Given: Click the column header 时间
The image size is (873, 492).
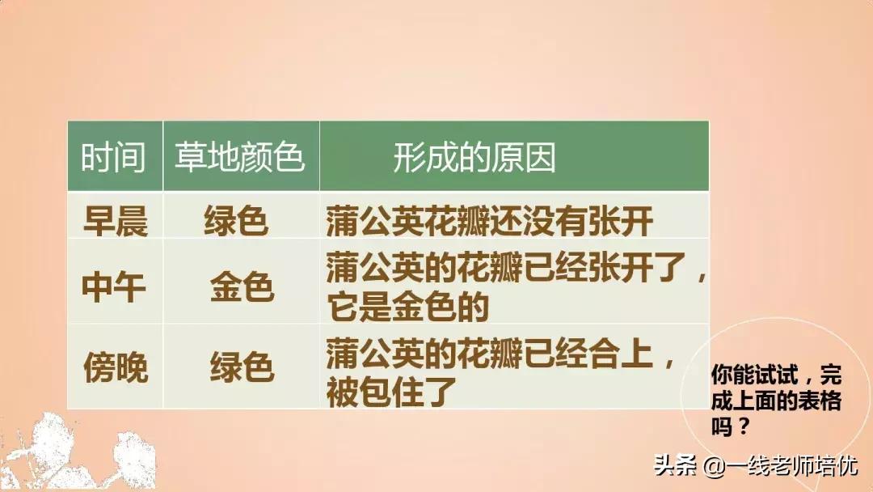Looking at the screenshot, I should tap(113, 158).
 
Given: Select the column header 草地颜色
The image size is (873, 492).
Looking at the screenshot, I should tap(239, 158).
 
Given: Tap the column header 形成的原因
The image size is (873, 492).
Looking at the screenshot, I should tap(474, 158).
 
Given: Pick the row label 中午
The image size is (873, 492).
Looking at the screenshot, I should tap(116, 287).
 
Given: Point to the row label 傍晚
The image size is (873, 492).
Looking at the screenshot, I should tap(116, 369).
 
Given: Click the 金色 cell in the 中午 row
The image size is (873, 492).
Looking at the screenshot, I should tap(242, 287).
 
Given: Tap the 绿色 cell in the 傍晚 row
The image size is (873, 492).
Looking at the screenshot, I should tap(242, 369).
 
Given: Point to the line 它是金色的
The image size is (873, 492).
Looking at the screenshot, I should tap(408, 307).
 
